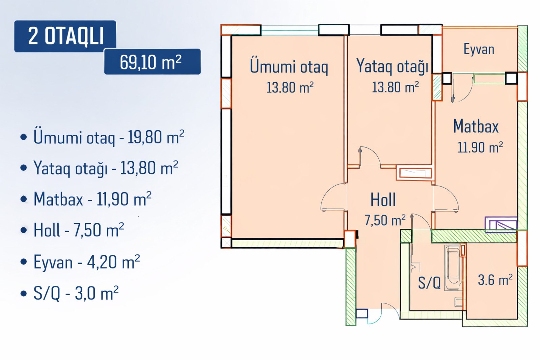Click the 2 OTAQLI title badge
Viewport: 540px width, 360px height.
click(65, 36)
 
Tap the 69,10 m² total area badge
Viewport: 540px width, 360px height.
click(152, 62)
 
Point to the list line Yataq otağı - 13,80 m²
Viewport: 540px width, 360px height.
click(106, 168)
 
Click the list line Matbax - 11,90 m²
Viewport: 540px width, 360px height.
click(92, 199)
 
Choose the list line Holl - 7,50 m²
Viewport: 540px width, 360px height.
click(79, 230)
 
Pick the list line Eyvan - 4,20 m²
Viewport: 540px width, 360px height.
click(87, 262)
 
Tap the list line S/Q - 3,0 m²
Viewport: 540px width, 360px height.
click(76, 293)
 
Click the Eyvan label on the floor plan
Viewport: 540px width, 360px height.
click(479, 49)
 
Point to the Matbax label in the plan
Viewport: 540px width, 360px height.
click(476, 126)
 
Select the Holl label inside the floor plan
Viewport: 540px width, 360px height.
click(383, 199)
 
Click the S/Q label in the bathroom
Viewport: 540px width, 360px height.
click(429, 282)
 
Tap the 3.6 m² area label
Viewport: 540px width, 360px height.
click(495, 280)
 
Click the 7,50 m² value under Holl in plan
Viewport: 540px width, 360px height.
click(385, 220)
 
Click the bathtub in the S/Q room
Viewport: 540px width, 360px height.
click(452, 268)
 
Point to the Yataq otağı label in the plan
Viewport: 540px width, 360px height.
click(392, 66)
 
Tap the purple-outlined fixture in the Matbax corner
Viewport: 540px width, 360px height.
click(501, 225)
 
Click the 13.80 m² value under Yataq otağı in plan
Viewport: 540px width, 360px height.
click(395, 87)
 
